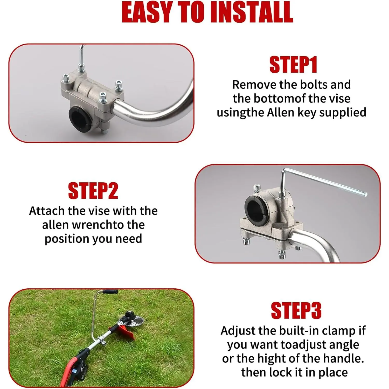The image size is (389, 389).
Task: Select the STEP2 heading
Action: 93,191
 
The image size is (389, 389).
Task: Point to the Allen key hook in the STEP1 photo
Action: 81,56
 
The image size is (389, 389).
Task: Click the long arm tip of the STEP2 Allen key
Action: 366,194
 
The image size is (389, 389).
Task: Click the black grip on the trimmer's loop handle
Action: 110,292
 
